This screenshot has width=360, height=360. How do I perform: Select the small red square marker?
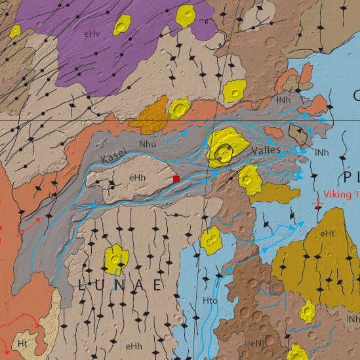176,178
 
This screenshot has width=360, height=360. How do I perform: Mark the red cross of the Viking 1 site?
318,205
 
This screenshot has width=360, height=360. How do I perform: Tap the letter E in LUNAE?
157,285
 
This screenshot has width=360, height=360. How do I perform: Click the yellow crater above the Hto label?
211,241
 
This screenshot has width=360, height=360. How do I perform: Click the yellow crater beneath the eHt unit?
308,311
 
